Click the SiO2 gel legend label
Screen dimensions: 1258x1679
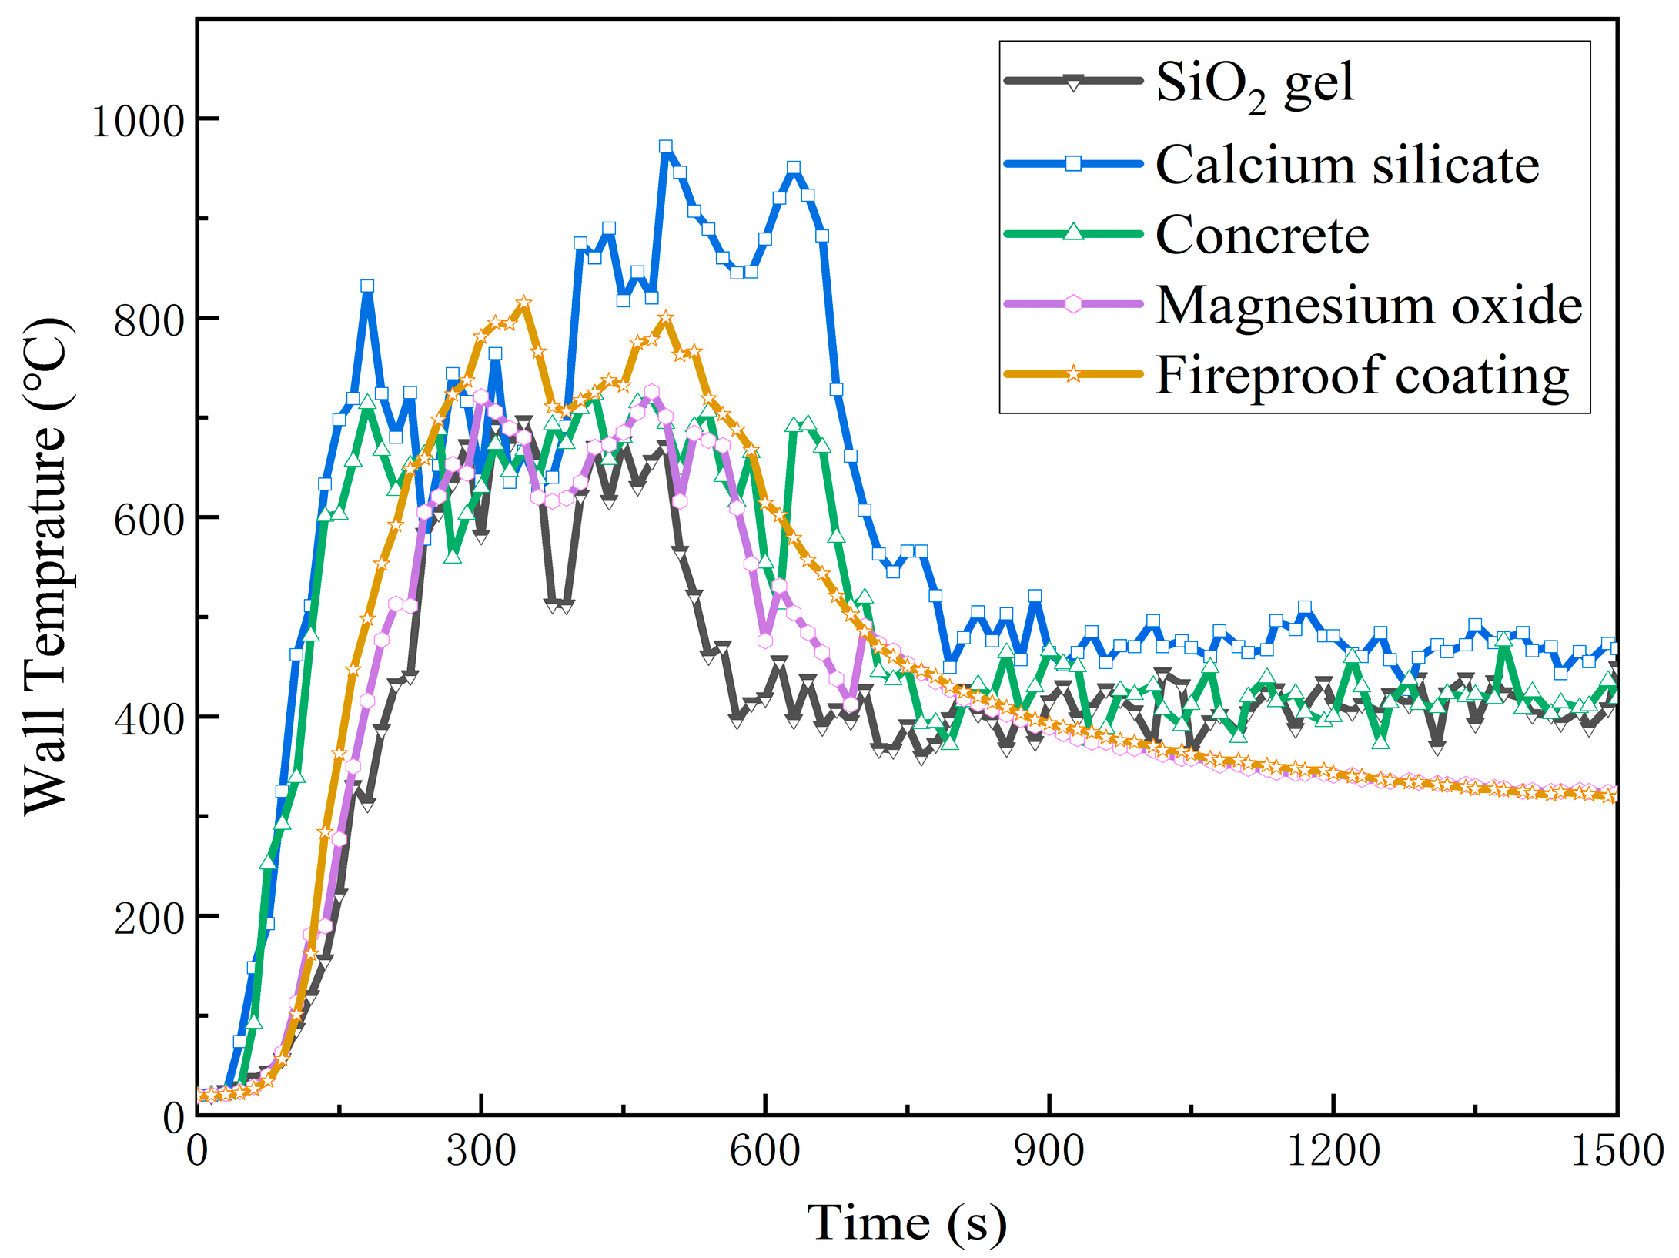coord(1255,83)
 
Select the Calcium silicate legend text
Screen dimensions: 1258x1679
coord(1347,165)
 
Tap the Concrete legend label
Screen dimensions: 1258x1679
coord(1263,235)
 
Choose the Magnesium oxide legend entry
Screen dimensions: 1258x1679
coord(1369,306)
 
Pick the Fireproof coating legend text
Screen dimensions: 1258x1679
coord(1362,376)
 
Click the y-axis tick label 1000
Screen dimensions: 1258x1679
coord(139,121)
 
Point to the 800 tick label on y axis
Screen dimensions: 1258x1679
coord(150,320)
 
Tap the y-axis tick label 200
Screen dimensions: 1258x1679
coord(150,918)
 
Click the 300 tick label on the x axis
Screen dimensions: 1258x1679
coord(481,1152)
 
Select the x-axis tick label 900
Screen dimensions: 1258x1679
coord(1049,1152)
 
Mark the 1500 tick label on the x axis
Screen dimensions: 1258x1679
coord(1617,1152)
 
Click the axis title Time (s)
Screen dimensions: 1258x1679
coord(907,1223)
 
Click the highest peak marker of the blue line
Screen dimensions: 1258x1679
coord(666,146)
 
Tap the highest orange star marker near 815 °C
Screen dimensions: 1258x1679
coord(524,303)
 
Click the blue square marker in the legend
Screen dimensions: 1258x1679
coord(1073,163)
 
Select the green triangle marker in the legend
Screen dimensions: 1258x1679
coord(1073,233)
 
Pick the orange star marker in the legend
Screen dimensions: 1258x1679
coord(1073,375)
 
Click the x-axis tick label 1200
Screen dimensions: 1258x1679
coord(1333,1152)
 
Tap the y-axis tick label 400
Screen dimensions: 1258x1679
coord(150,718)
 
